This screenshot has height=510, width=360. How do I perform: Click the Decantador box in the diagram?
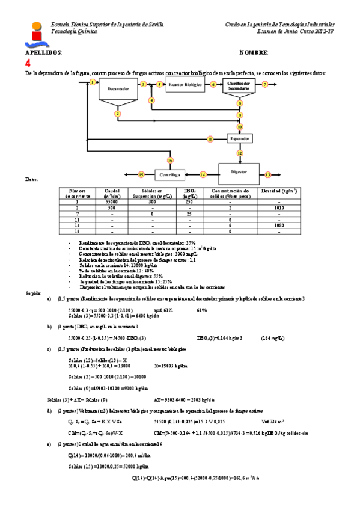pyautogui.click(x=118, y=90)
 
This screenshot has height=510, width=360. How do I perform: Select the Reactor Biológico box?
pyautogui.click(x=185, y=85)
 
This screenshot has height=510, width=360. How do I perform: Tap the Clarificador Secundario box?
pyautogui.click(x=239, y=85)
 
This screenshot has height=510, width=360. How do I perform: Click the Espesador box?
pyautogui.click(x=240, y=139)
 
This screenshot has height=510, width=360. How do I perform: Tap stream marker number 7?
pyautogui.click(x=265, y=85)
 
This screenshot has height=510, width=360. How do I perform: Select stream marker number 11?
pyautogui.click(x=210, y=139)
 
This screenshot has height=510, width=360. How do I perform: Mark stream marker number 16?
pyautogui.click(x=170, y=161)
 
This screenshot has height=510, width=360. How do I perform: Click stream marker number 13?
pyautogui.click(x=268, y=174)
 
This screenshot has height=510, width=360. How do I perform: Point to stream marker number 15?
pyautogui.click(x=141, y=174)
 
